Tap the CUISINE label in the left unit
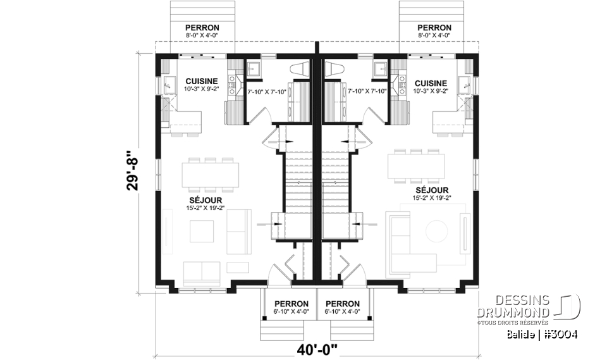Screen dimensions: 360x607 [x=201, y=82]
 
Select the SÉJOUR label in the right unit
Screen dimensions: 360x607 [x=432, y=190]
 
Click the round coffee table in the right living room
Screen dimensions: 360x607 [x=437, y=230]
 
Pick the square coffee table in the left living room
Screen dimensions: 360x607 [x=202, y=231]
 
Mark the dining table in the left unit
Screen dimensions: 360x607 [x=211, y=175]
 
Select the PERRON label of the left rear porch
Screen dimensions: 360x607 [x=202, y=28]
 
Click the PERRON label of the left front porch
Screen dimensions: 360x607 [x=291, y=304]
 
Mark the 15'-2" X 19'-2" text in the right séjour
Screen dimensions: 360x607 [x=432, y=199]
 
